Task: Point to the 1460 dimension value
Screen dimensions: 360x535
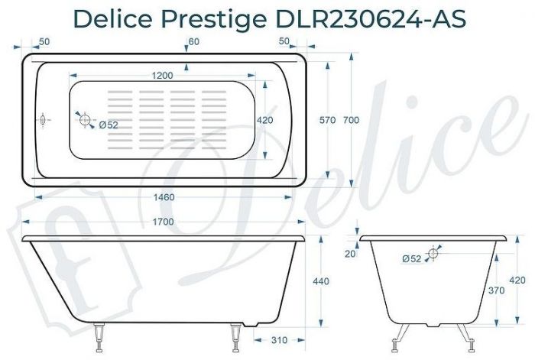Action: (x=164, y=197)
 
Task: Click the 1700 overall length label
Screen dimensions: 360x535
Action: (x=162, y=222)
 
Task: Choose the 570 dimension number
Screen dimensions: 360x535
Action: (x=327, y=120)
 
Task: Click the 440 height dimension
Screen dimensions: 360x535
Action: (x=322, y=282)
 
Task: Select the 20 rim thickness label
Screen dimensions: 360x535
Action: (x=351, y=254)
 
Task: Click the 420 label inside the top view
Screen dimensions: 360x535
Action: (x=264, y=120)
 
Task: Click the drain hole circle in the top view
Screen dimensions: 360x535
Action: (x=84, y=119)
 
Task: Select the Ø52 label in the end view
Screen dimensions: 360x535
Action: (x=411, y=259)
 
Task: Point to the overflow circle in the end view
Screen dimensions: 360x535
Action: (x=433, y=253)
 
